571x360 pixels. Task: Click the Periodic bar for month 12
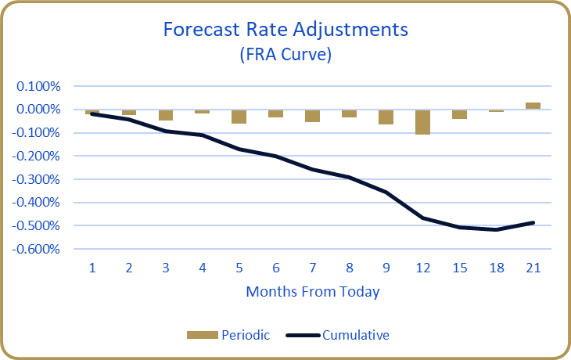(422, 122)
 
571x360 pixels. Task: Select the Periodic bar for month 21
(533, 106)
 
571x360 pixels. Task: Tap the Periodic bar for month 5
(239, 117)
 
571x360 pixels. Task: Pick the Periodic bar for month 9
(386, 117)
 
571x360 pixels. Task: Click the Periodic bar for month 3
(166, 115)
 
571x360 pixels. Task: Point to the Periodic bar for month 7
(312, 116)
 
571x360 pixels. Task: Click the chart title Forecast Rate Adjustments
(285, 30)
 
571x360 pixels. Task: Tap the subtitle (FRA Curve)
(285, 55)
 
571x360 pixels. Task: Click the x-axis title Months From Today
(312, 292)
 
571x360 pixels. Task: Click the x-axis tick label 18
(496, 268)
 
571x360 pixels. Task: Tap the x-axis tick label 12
(422, 268)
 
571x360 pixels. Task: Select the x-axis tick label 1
(92, 268)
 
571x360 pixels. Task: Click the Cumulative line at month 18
(496, 229)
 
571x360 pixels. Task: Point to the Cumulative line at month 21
(533, 222)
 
